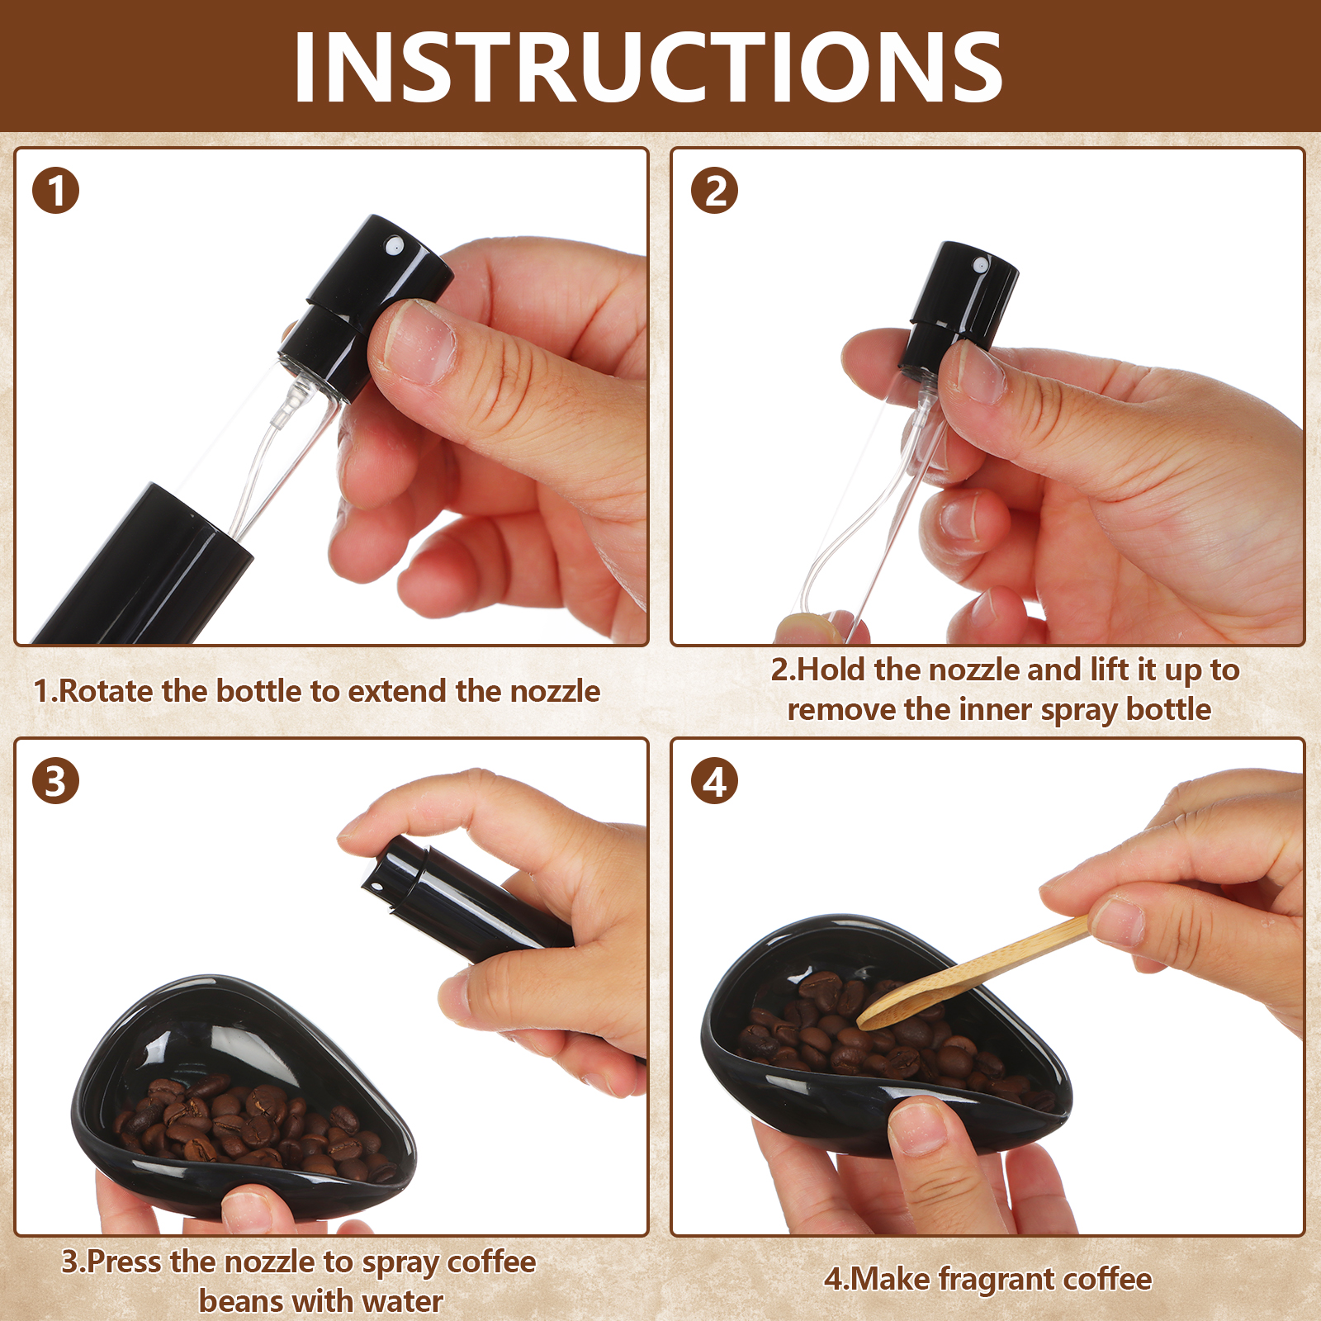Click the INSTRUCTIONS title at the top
coord(648,67)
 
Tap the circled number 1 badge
coord(55,191)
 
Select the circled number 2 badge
coord(714,191)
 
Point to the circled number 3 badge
coord(55,781)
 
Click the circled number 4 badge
coord(714,781)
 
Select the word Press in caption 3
coord(125,1262)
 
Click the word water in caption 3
coord(403,1301)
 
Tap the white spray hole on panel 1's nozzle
coord(394,245)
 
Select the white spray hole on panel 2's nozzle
coord(981,265)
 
